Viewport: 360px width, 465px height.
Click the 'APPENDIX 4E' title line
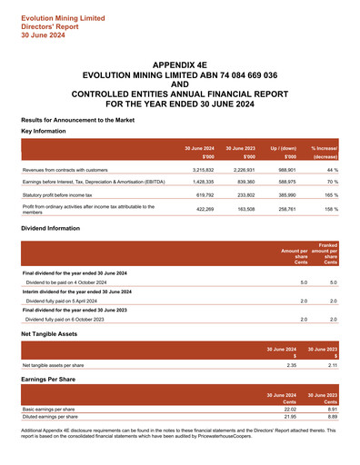(x=179, y=66)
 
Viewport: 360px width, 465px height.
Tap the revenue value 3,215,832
(x=200, y=170)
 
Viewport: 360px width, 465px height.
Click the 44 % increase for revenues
(x=332, y=170)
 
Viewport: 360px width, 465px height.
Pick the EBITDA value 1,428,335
(x=200, y=182)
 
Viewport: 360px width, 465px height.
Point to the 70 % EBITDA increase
(x=332, y=182)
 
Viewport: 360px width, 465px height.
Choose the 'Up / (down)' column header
(x=283, y=147)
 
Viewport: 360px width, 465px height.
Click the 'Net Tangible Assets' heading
(x=54, y=334)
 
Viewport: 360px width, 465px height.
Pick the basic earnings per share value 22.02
(x=291, y=410)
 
